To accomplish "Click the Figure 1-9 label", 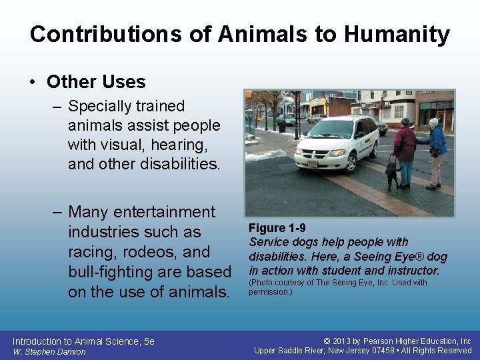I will [277, 229].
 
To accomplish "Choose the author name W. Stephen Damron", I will [49, 352].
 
